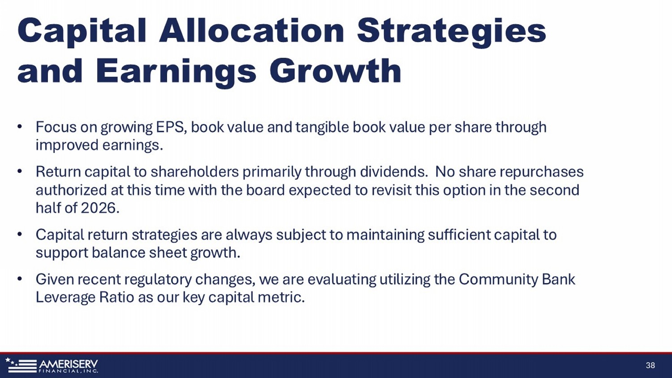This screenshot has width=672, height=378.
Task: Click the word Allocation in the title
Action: [x=251, y=30]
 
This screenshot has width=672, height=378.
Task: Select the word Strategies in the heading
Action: [x=451, y=33]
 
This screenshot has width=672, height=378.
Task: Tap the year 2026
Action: [x=100, y=208]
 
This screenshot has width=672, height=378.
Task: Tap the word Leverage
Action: [x=65, y=298]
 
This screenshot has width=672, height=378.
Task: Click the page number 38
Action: [x=650, y=365]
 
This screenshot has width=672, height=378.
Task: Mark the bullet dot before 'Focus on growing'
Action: [x=20, y=127]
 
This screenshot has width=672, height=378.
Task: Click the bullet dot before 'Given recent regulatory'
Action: [x=20, y=279]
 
